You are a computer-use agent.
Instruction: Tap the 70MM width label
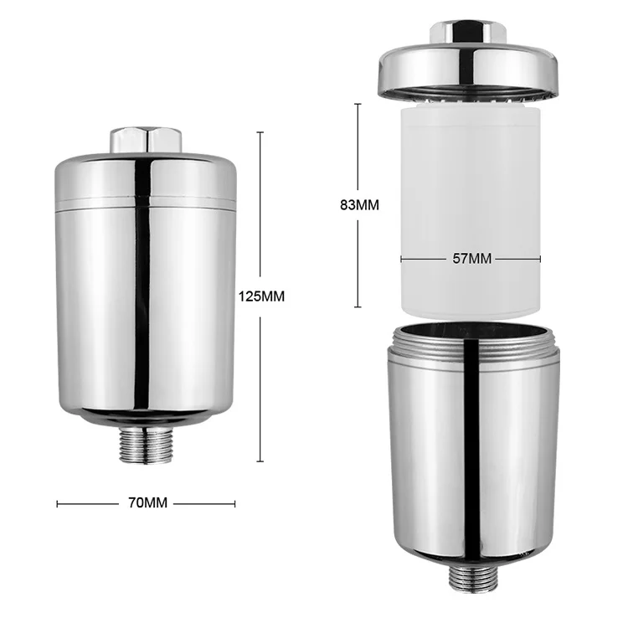(146, 503)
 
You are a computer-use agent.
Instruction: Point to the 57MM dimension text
(471, 259)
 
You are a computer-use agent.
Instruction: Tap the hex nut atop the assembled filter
(146, 138)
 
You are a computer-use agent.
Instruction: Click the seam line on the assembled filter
(146, 204)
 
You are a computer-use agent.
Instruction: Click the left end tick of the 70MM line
(57, 503)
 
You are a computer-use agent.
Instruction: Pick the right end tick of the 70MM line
(235, 503)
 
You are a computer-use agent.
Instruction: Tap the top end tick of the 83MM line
(358, 104)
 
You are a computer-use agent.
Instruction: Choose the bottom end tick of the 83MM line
(358, 307)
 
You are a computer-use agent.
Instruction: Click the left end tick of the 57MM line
(401, 259)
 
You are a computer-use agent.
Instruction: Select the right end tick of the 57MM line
(540, 259)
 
